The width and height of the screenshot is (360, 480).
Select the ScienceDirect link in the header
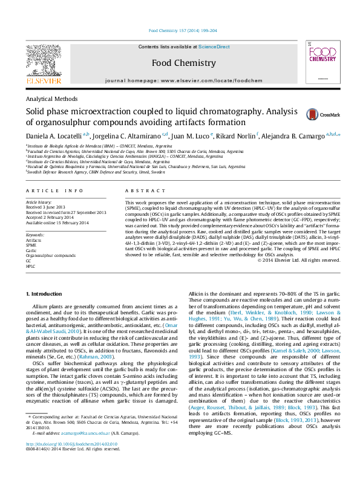[214, 47]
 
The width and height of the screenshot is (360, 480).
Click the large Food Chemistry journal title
[183, 63]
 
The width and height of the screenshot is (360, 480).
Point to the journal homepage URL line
[183, 80]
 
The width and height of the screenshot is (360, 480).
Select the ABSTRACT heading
[137, 190]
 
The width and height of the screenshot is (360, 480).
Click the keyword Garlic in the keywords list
[31, 250]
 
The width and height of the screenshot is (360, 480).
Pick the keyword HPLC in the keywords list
[31, 266]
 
